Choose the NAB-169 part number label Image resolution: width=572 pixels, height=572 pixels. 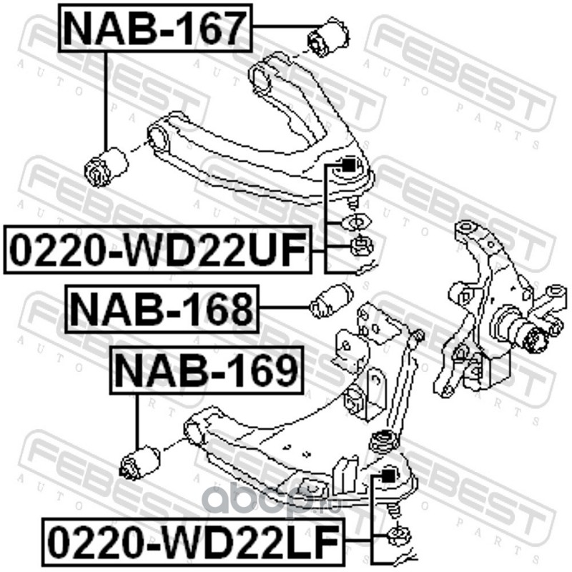click(x=205, y=370)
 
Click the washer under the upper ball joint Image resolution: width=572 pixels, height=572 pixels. click(x=355, y=222)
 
